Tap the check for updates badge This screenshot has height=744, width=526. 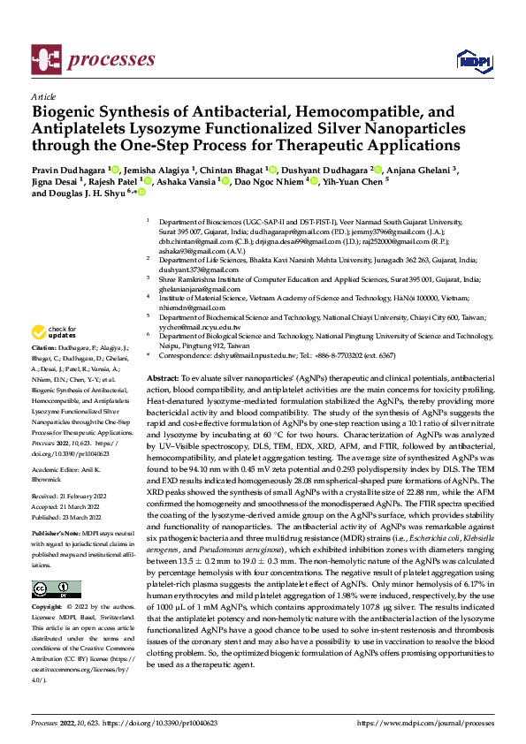[51, 333]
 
